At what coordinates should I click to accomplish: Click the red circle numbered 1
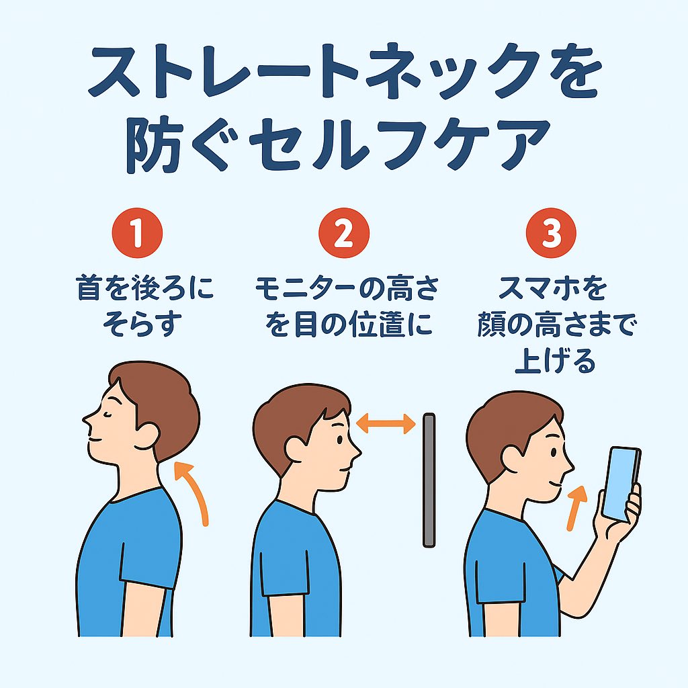click(137, 233)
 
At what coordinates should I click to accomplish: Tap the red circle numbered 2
click(344, 233)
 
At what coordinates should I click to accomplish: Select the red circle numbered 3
click(551, 233)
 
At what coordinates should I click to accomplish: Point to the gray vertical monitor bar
click(429, 480)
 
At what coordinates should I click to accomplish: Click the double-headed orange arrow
click(386, 425)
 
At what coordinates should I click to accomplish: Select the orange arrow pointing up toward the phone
click(576, 508)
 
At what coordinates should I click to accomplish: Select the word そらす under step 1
click(141, 325)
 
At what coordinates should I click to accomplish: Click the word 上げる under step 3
click(554, 361)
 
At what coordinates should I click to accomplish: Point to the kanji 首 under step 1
click(89, 288)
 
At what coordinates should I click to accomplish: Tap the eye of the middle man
click(339, 439)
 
